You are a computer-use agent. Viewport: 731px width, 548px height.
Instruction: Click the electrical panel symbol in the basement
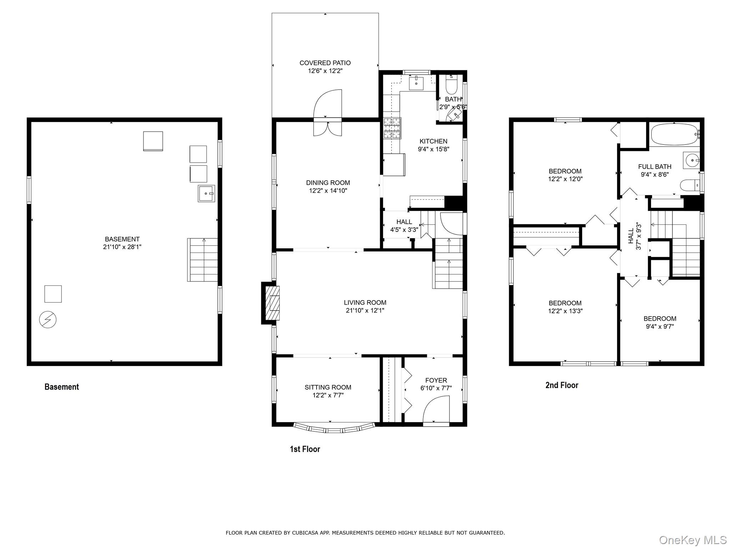(48, 320)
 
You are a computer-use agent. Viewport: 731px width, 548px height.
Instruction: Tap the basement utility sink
(206, 193)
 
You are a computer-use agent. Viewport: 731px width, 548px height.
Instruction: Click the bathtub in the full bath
(674, 134)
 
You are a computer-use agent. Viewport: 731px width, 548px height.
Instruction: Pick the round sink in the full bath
(692, 161)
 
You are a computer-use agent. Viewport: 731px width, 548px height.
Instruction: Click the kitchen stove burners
(392, 128)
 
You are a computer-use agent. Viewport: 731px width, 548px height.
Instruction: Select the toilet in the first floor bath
(452, 86)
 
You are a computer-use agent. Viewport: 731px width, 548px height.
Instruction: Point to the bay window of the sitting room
(334, 428)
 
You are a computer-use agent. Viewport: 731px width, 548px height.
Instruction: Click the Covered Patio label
(325, 63)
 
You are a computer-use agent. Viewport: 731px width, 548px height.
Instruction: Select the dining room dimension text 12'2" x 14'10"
(328, 191)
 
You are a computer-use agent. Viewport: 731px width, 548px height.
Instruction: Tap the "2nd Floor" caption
(561, 385)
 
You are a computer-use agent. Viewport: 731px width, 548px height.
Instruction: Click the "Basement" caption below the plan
(61, 387)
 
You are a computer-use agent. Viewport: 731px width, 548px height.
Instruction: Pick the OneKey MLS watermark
(692, 540)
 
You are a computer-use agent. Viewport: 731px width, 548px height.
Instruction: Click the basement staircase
(202, 260)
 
